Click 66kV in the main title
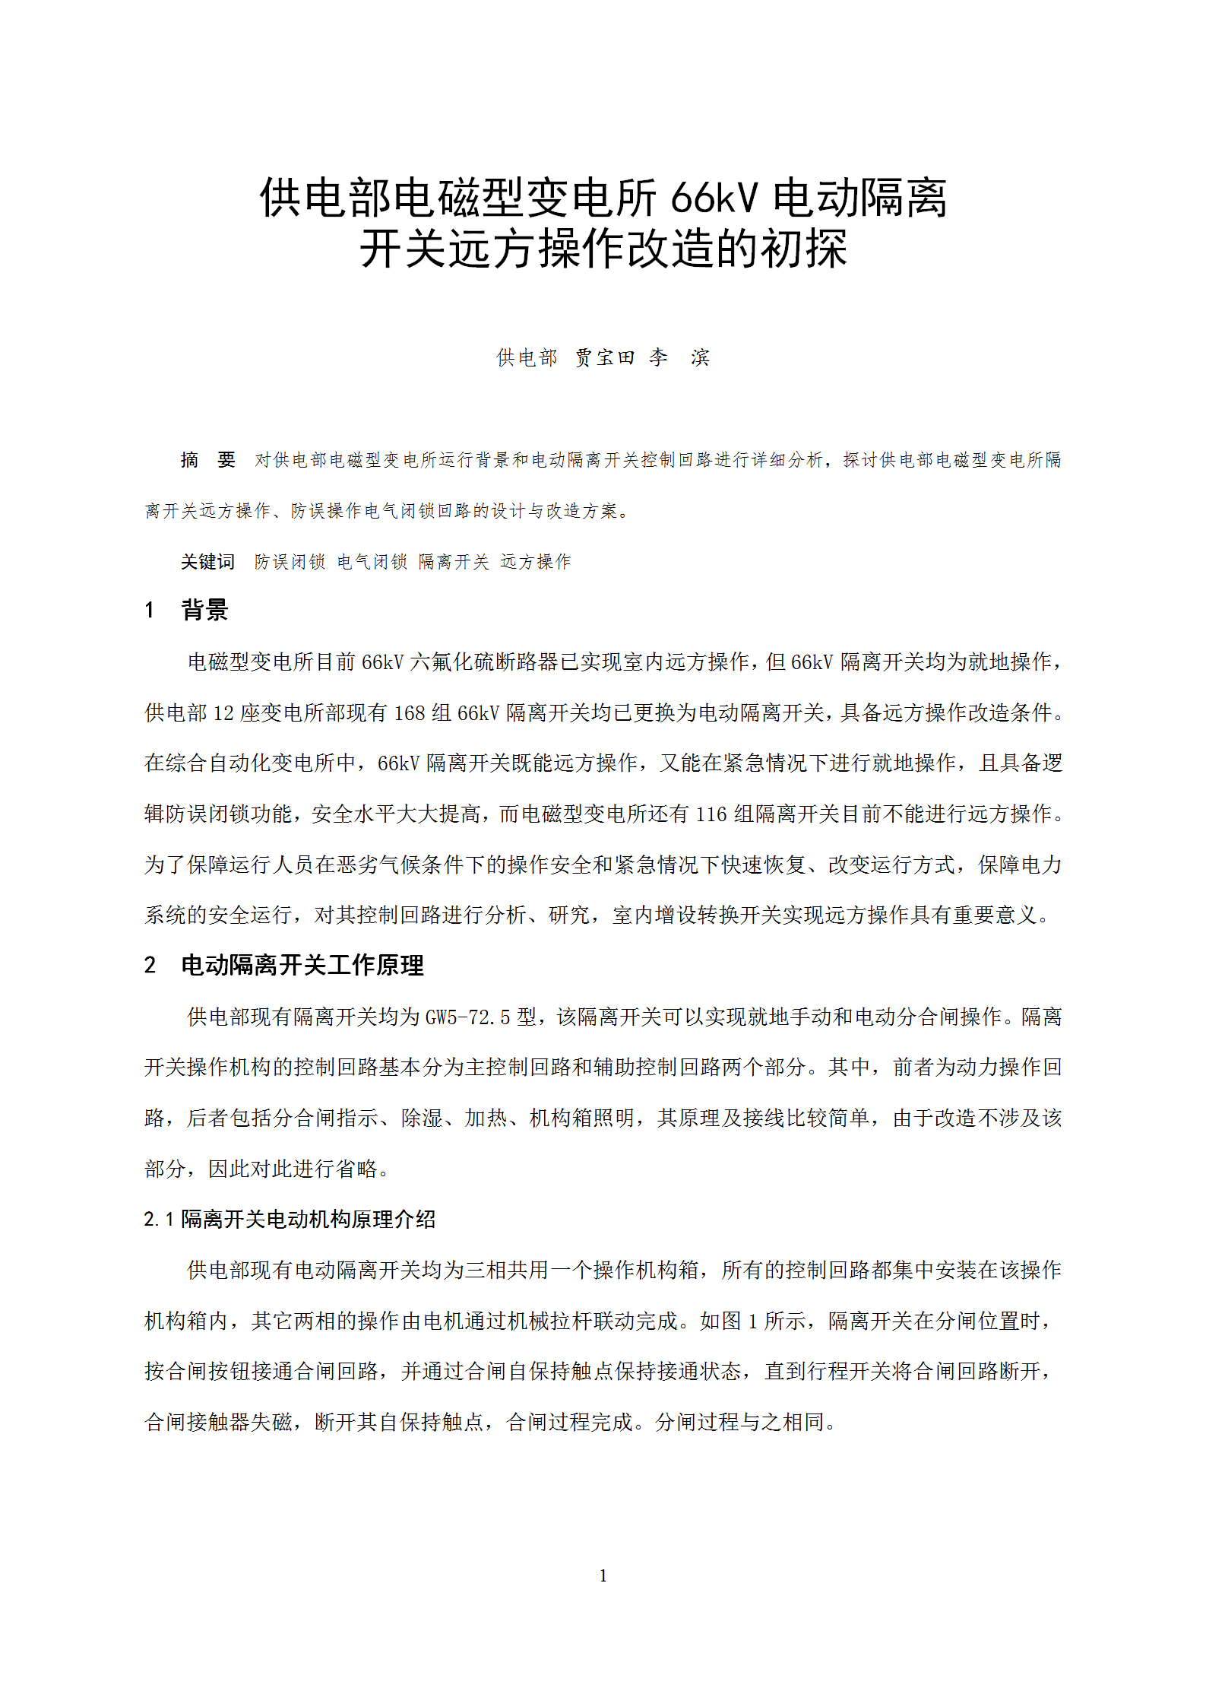[x=714, y=198]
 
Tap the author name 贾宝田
[x=605, y=357]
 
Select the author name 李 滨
[x=679, y=357]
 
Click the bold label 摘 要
[x=207, y=460]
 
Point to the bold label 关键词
[x=207, y=562]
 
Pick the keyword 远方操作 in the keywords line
[x=536, y=562]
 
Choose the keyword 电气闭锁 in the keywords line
[x=372, y=562]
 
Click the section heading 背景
[x=204, y=610]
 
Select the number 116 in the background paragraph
[x=711, y=814]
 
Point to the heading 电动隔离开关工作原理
[x=302, y=966]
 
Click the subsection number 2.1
[x=159, y=1220]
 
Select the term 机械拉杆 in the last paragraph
[x=549, y=1321]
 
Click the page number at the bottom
[x=603, y=1575]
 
